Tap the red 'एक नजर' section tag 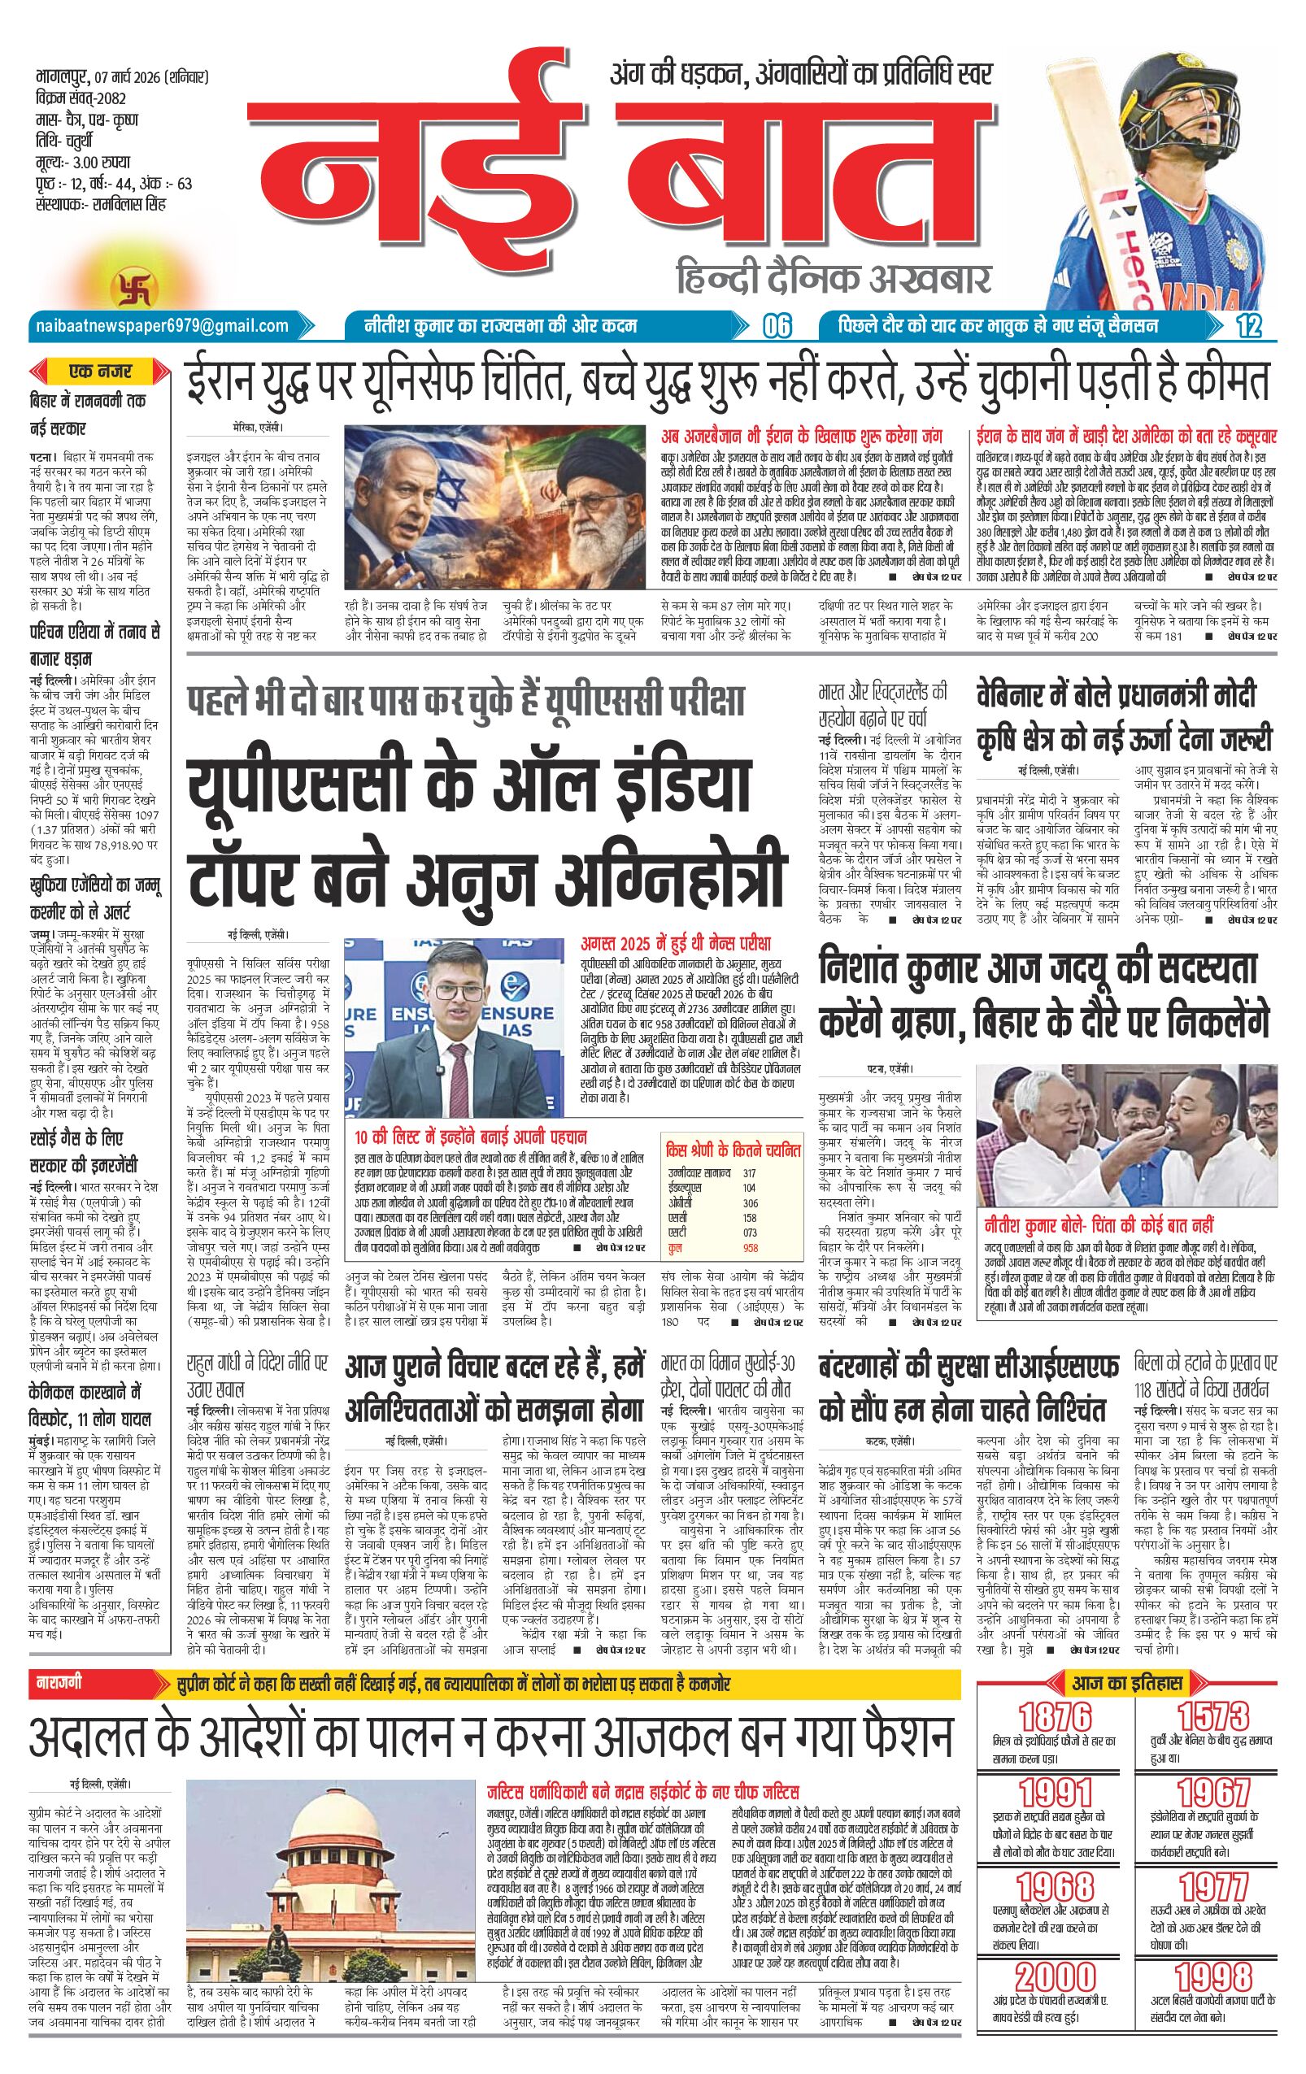101,372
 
